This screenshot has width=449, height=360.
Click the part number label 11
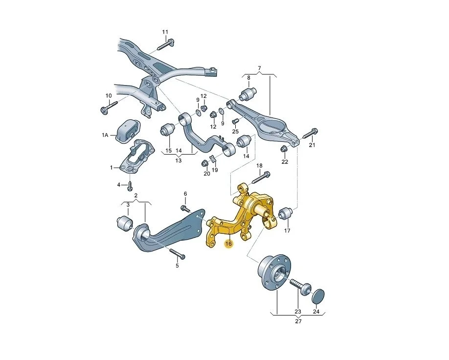coord(165,32)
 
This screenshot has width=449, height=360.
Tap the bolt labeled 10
coord(110,107)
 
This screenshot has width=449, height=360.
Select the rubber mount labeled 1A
coord(128,132)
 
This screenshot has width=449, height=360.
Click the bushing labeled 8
coord(248,94)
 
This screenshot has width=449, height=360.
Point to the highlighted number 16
coord(228,244)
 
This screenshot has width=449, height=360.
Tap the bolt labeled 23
coord(300,287)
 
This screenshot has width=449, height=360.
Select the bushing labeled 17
coord(285,214)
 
